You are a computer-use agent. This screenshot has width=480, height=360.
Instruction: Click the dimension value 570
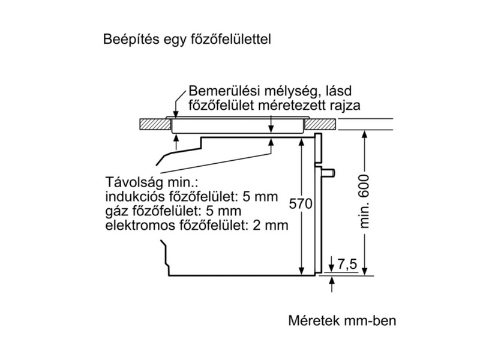tap(301, 204)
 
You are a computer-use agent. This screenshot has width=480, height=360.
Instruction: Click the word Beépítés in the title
tap(125, 40)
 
